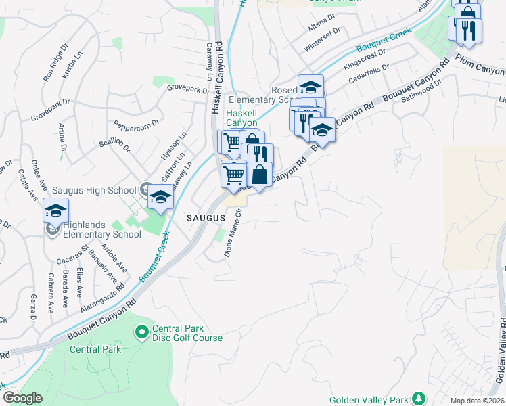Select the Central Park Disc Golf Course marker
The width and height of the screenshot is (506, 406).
[142, 332]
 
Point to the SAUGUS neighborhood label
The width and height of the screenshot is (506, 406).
[205, 218]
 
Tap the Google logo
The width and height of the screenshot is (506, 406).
[22, 398]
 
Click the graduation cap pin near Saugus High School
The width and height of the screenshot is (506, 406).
[160, 197]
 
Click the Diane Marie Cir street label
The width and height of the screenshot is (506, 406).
[233, 234]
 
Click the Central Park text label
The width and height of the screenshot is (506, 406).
[95, 349]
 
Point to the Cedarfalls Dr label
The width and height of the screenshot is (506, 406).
[369, 75]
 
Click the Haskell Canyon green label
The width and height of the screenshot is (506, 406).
[241, 118]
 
